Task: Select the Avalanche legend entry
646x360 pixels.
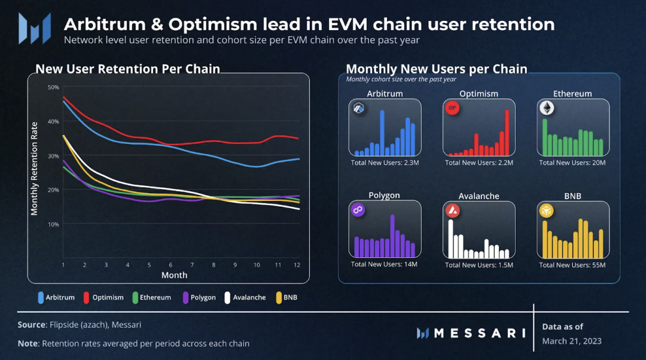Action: click(245, 297)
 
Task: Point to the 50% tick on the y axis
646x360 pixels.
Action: click(53, 87)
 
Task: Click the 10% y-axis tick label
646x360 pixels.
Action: click(53, 224)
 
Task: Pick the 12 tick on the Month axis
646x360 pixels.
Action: click(297, 264)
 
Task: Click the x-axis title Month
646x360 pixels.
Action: click(174, 275)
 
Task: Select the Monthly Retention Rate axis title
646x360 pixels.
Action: click(34, 169)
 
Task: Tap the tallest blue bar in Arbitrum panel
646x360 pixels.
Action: click(382, 133)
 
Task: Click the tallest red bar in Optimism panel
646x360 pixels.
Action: click(507, 133)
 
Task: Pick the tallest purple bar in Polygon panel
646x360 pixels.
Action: click(392, 235)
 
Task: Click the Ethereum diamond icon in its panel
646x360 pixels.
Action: click(547, 108)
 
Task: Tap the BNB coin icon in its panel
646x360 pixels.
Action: click(547, 210)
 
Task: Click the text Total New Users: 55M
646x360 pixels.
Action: click(572, 265)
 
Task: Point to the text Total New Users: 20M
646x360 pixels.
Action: click(572, 163)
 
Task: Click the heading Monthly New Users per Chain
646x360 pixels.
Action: click(437, 69)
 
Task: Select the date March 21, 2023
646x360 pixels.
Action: click(572, 341)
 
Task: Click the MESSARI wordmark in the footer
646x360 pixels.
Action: click(479, 333)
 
